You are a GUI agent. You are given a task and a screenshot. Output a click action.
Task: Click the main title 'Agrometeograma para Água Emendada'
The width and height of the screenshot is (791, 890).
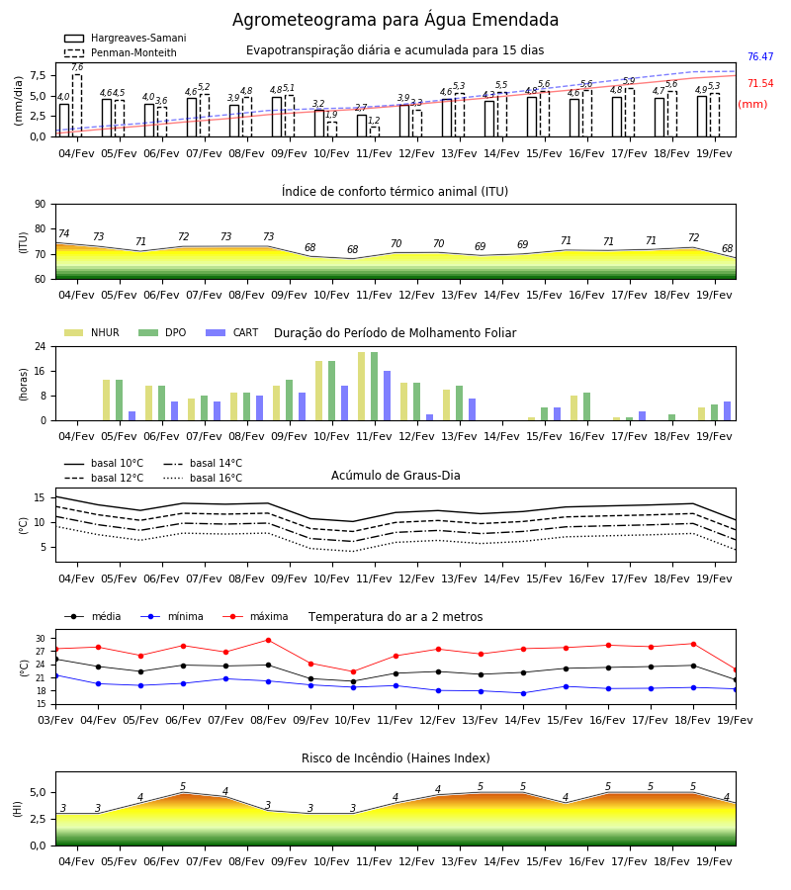point(395,20)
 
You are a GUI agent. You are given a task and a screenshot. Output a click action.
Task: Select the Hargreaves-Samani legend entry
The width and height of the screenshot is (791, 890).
point(125,38)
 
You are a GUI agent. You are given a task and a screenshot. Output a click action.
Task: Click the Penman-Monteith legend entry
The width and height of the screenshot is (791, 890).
point(121,52)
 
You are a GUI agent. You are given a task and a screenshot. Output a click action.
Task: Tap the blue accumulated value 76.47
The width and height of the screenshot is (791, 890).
point(760,56)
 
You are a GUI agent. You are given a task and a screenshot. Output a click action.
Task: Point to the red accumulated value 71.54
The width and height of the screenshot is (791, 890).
point(760,83)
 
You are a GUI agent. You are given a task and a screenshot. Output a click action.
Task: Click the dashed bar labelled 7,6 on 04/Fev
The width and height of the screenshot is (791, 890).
point(77,106)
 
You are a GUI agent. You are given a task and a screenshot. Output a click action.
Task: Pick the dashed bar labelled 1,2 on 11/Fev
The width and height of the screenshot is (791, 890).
point(375,132)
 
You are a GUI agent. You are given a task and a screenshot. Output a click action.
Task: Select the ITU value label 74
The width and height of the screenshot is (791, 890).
point(64,233)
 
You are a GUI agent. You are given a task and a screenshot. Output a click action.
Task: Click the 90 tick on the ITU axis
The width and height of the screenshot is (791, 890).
point(41,205)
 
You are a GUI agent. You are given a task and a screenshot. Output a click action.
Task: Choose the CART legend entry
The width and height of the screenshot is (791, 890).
point(232,332)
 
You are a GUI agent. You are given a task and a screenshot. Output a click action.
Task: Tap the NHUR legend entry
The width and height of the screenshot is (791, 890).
point(92,332)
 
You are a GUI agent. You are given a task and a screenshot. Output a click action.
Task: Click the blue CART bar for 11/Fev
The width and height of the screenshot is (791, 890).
point(387,396)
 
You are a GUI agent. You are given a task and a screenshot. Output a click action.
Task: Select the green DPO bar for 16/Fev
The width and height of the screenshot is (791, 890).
point(586,406)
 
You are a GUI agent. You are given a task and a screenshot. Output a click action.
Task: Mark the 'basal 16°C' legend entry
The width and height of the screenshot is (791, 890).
point(203,478)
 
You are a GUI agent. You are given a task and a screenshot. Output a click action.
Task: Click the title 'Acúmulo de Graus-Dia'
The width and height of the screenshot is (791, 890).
point(395,476)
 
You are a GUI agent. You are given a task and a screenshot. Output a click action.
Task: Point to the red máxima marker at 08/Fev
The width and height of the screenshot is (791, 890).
point(268,640)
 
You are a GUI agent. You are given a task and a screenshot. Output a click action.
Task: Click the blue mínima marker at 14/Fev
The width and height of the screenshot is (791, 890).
point(523,693)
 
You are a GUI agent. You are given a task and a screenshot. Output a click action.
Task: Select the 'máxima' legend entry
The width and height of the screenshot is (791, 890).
point(255,616)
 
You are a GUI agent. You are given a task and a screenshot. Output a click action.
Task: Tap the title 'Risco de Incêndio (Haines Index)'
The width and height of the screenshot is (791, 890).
point(395,758)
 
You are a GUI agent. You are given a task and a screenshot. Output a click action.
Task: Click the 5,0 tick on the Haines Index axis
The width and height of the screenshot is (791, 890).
point(39,792)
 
